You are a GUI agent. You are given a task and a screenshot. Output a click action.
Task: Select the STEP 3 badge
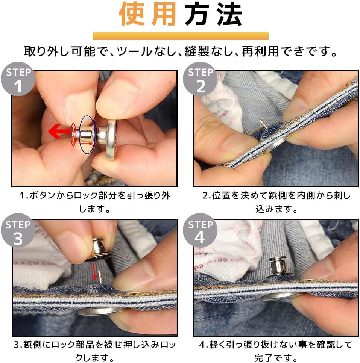coord(18,233)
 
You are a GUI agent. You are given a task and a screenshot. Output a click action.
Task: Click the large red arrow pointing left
coord(59,132)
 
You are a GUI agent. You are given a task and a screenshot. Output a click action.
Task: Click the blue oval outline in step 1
coord(87,135)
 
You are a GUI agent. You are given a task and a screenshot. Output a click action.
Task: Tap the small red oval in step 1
coord(73,134)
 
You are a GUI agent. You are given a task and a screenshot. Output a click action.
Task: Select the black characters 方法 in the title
coord(213,15)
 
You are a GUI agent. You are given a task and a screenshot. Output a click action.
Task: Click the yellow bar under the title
coord(180,36)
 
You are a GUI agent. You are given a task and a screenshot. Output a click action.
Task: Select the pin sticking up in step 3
coord(99,277)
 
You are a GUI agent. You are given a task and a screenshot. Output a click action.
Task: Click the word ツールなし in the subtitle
coord(144,51)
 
